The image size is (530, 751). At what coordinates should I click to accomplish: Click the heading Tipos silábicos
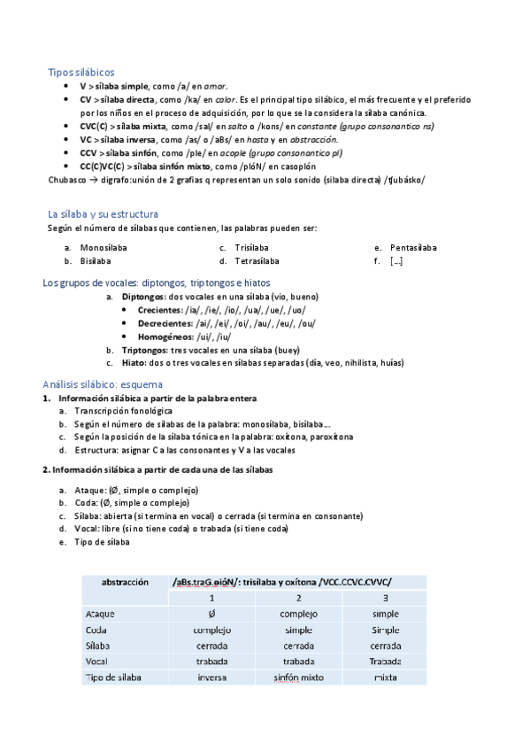81,72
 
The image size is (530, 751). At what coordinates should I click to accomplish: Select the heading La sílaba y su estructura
104,213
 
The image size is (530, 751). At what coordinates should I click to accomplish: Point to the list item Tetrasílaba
257,261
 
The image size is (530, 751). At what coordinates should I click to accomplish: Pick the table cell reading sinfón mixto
298,677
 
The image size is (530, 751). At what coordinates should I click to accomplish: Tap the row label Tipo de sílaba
113,677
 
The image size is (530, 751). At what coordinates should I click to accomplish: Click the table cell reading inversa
212,677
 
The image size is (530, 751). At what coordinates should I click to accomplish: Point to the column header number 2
299,598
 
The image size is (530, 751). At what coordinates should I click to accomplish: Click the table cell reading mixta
386,677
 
